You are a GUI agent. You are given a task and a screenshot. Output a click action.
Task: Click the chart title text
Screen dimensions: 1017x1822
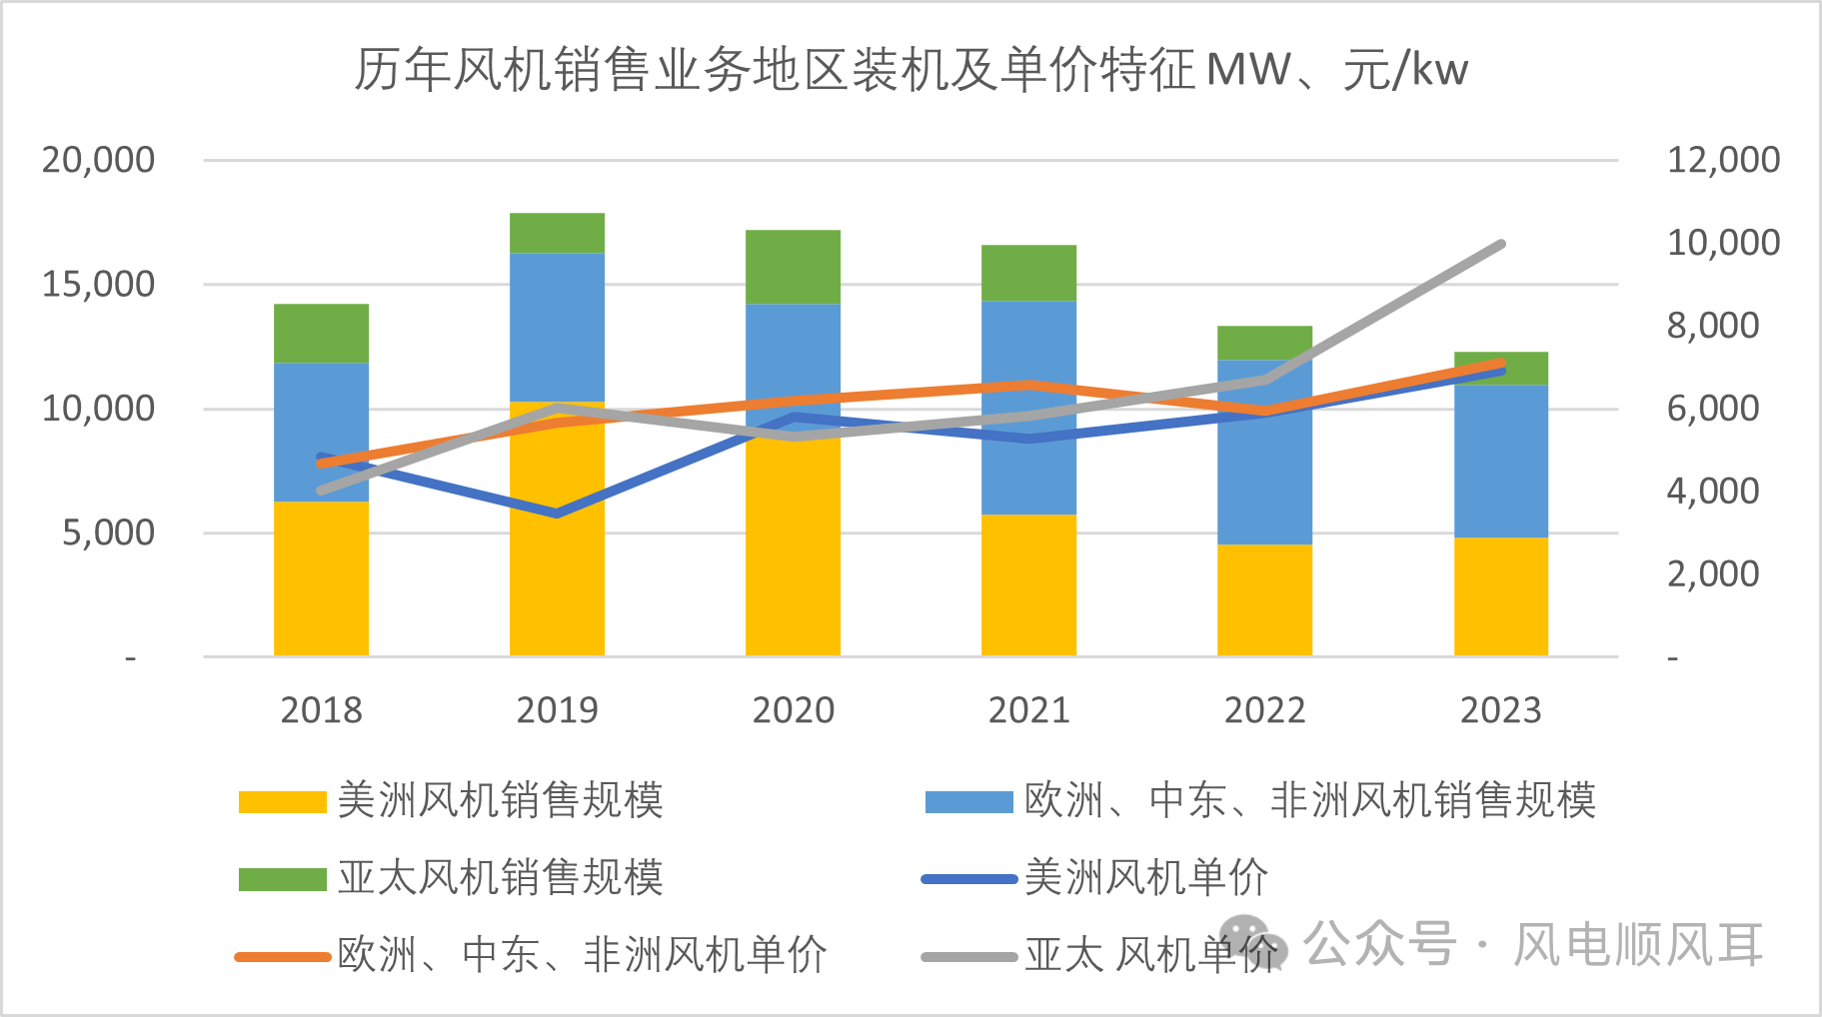[x=911, y=70]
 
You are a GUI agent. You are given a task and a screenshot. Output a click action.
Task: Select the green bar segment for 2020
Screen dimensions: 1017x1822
[x=793, y=267]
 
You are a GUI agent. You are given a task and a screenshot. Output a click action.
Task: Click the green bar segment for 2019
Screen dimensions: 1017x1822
[x=557, y=233]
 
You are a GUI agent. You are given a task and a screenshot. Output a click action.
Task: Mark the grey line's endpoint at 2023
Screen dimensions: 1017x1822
[x=1500, y=245]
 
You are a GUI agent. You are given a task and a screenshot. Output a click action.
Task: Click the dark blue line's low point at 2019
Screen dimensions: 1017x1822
[x=557, y=513]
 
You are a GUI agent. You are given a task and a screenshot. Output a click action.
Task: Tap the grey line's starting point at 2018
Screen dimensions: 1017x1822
[x=321, y=491]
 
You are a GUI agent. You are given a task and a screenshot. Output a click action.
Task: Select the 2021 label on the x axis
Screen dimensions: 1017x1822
[x=1028, y=710]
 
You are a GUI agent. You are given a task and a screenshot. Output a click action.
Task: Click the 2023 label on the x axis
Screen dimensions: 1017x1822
[x=1500, y=710]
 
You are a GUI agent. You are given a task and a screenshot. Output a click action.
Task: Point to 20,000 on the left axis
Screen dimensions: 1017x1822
[x=98, y=160]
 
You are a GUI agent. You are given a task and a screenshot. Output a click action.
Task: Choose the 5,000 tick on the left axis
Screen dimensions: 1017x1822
[x=108, y=532]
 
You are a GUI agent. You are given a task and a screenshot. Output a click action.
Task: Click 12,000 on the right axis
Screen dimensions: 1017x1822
[x=1723, y=160]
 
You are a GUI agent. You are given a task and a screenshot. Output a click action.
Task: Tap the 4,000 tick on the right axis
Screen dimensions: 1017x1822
[x=1712, y=491]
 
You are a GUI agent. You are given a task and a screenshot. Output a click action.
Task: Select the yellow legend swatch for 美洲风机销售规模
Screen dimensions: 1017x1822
[x=282, y=802]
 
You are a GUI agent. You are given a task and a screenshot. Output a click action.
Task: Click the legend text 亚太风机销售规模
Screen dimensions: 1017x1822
[x=500, y=878]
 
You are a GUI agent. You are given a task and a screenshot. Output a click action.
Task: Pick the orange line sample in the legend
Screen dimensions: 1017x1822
[x=282, y=956]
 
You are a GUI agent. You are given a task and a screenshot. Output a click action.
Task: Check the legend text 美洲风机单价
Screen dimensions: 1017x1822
[x=1145, y=878]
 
